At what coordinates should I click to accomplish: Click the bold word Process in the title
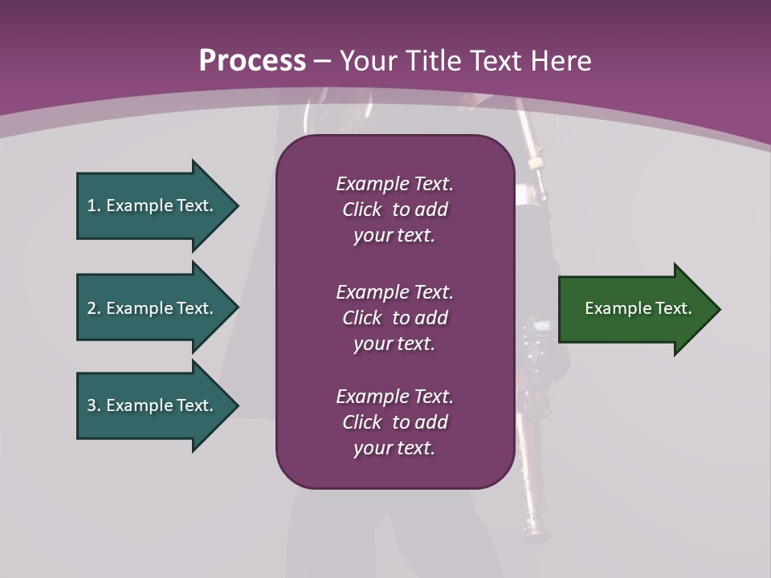tap(252, 61)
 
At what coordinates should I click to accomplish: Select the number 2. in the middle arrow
tap(94, 308)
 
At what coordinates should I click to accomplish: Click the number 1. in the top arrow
tap(94, 206)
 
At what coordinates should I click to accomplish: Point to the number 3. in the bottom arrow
tap(94, 405)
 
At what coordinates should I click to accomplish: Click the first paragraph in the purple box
tap(394, 210)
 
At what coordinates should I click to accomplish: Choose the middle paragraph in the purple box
tap(394, 318)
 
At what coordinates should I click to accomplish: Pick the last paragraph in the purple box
tap(394, 422)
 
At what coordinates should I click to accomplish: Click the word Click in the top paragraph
tap(362, 210)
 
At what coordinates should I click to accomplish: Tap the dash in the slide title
tap(323, 61)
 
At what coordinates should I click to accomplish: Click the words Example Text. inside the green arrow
tap(638, 308)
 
